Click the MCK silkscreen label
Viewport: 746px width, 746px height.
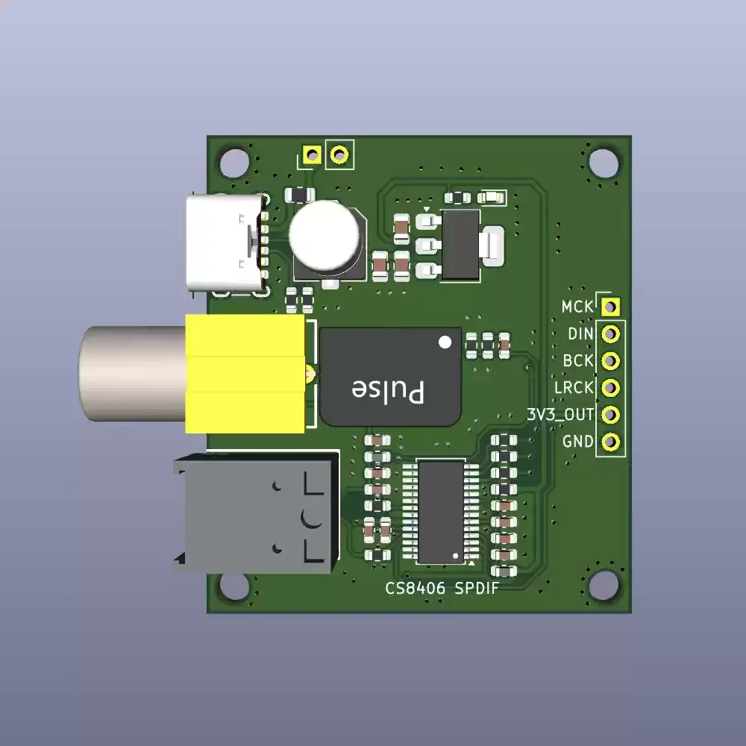(x=577, y=307)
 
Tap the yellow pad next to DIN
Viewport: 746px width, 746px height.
(x=610, y=334)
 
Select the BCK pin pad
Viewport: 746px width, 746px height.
(x=610, y=361)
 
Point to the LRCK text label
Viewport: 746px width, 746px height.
(x=574, y=388)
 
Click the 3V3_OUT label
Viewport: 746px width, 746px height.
(x=560, y=415)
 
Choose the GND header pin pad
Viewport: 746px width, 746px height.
(x=610, y=442)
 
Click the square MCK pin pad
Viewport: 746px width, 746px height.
(x=610, y=307)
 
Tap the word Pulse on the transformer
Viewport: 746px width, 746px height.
(x=388, y=391)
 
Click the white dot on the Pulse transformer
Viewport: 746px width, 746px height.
(x=445, y=342)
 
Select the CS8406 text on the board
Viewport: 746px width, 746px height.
(x=416, y=589)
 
